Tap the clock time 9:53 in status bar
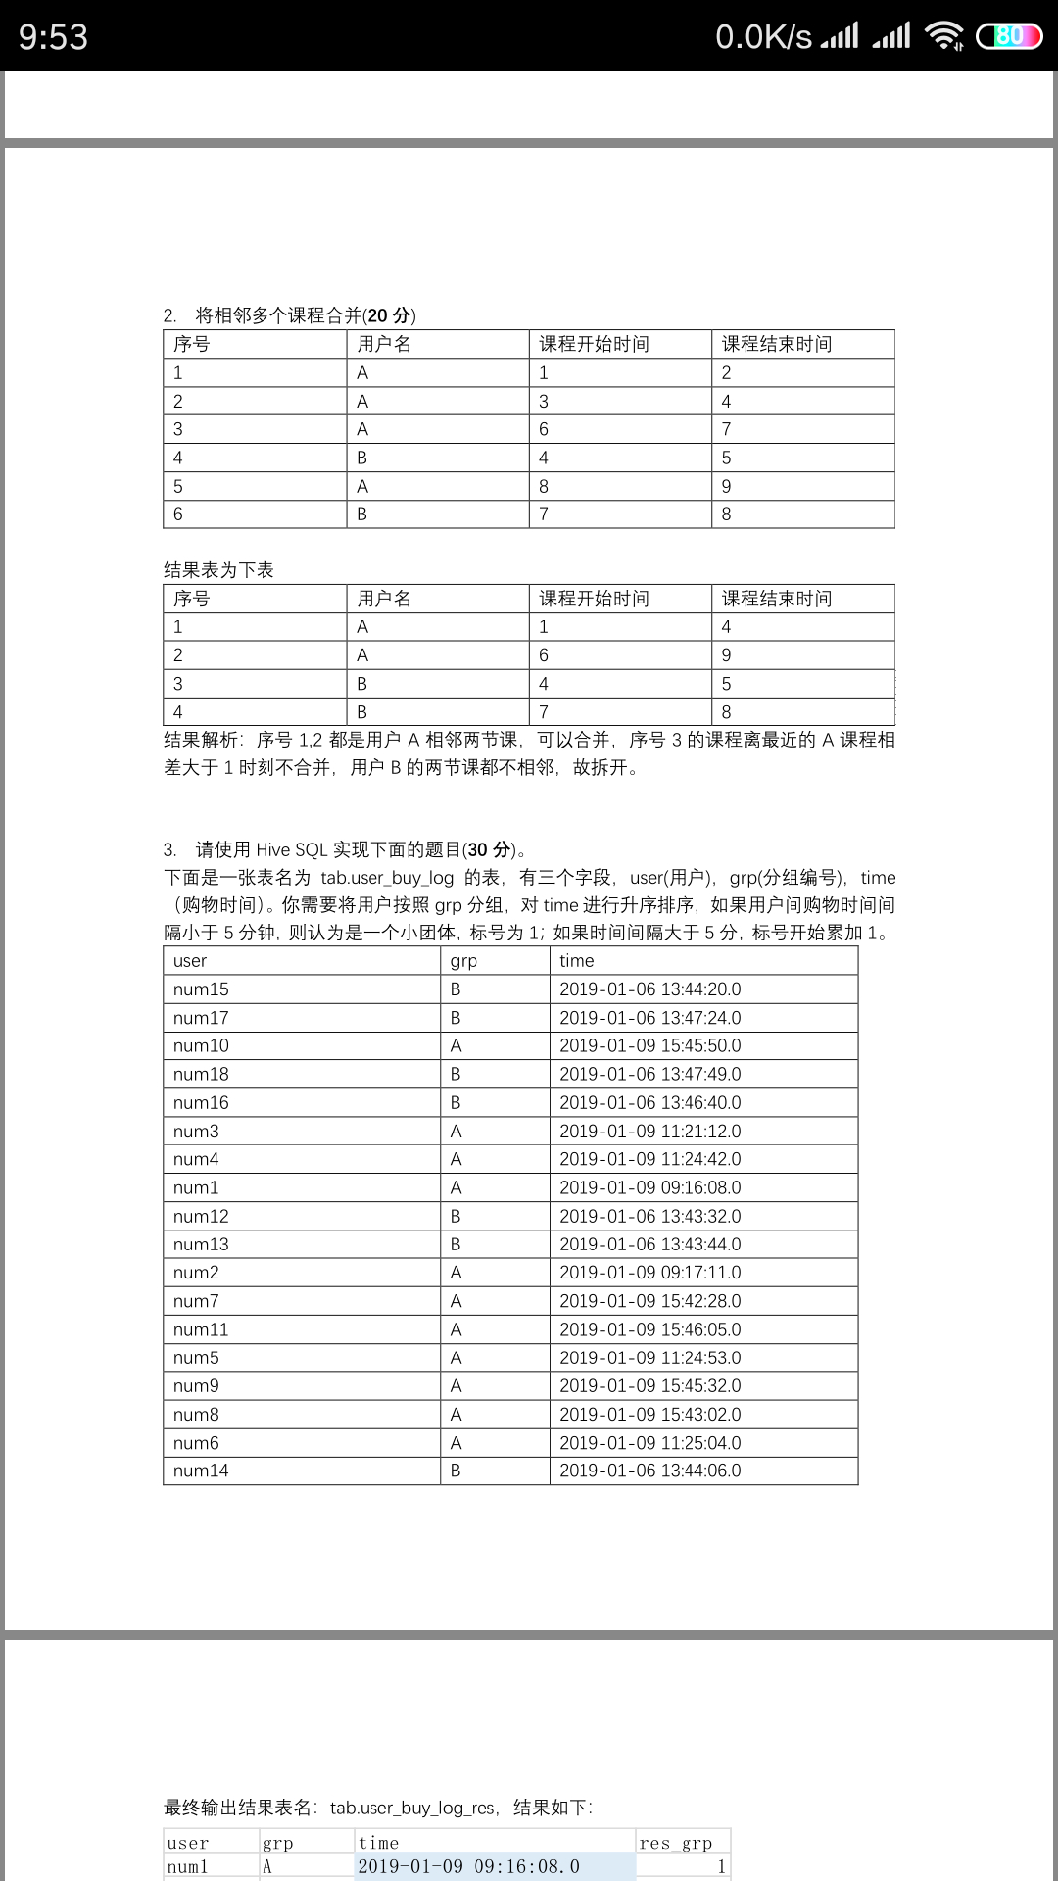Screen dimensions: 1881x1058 pos(54,37)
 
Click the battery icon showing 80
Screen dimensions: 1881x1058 pos(1009,37)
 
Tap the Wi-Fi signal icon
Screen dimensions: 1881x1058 pos(944,36)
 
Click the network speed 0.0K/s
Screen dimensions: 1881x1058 pos(763,37)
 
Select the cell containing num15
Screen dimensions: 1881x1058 pos(201,989)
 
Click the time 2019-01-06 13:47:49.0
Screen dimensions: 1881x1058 pos(650,1075)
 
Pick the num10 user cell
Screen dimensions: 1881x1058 pos(201,1046)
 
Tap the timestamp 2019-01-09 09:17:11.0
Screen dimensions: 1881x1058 pos(650,1273)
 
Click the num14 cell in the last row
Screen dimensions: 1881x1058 pos(201,1471)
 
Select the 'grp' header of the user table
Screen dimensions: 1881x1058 pos(463,961)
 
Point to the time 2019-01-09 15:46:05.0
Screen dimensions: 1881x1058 pos(650,1329)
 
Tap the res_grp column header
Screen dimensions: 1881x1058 pos(676,1843)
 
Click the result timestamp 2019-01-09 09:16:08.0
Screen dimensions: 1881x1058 pos(469,1866)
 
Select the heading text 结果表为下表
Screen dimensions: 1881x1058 pos(218,570)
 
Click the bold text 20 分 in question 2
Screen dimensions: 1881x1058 pos(389,315)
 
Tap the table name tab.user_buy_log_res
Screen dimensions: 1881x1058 pos(411,1808)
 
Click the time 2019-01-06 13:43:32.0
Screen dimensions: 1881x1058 pos(650,1216)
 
